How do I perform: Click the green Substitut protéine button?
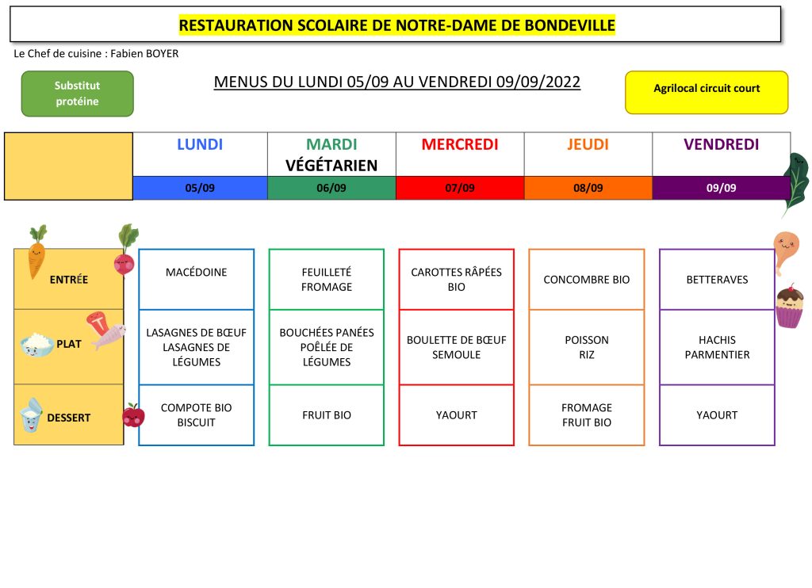[77, 94]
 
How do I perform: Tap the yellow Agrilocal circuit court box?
[707, 93]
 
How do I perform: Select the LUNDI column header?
[200, 144]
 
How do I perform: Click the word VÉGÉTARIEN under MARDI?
[331, 166]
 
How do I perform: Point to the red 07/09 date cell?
[460, 188]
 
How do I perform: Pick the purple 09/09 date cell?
[721, 188]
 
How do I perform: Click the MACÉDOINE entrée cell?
[197, 279]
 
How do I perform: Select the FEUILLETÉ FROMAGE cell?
[326, 279]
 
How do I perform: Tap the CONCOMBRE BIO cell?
[587, 279]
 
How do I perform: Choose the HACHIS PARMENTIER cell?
[717, 347]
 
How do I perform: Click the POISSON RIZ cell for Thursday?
[587, 347]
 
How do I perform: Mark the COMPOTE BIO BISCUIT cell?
[197, 415]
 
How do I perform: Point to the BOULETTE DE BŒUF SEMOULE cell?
[456, 347]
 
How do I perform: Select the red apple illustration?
[133, 415]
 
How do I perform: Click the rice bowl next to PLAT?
[37, 345]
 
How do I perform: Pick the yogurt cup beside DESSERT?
[31, 415]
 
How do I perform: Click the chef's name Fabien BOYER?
[144, 53]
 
